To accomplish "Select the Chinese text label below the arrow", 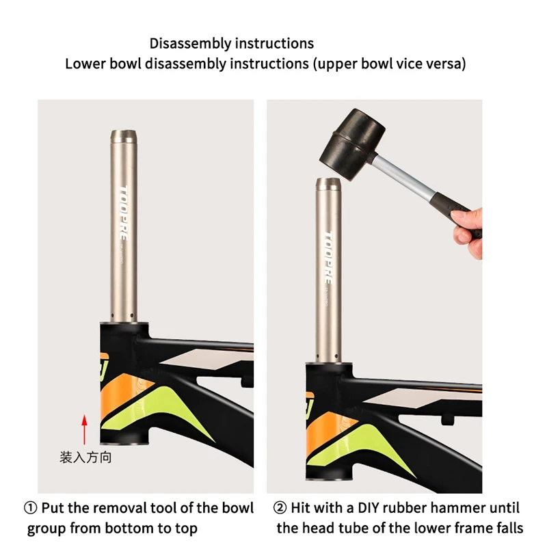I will [85, 457].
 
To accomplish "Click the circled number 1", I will [31, 509].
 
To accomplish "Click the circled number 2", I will [280, 509].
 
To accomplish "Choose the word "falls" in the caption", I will [508, 529].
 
